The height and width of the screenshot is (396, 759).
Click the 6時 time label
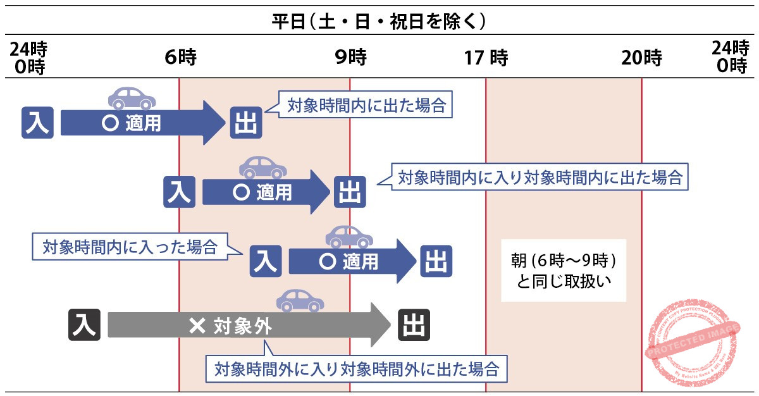tap(180, 58)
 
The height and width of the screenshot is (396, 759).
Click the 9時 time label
tap(350, 58)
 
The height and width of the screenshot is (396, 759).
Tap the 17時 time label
tap(486, 58)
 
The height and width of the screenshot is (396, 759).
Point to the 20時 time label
tap(641, 58)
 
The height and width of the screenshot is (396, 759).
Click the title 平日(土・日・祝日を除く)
tap(379, 22)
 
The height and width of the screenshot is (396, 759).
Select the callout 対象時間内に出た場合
tap(366, 106)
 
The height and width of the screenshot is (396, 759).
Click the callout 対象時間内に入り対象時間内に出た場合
tap(540, 178)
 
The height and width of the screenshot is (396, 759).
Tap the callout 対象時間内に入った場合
tap(130, 247)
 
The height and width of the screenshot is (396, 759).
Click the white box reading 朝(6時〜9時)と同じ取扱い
tap(563, 270)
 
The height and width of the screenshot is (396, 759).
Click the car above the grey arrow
tap(300, 300)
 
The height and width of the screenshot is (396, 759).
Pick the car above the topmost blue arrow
tap(132, 97)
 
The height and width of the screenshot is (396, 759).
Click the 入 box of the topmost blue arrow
tap(38, 123)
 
